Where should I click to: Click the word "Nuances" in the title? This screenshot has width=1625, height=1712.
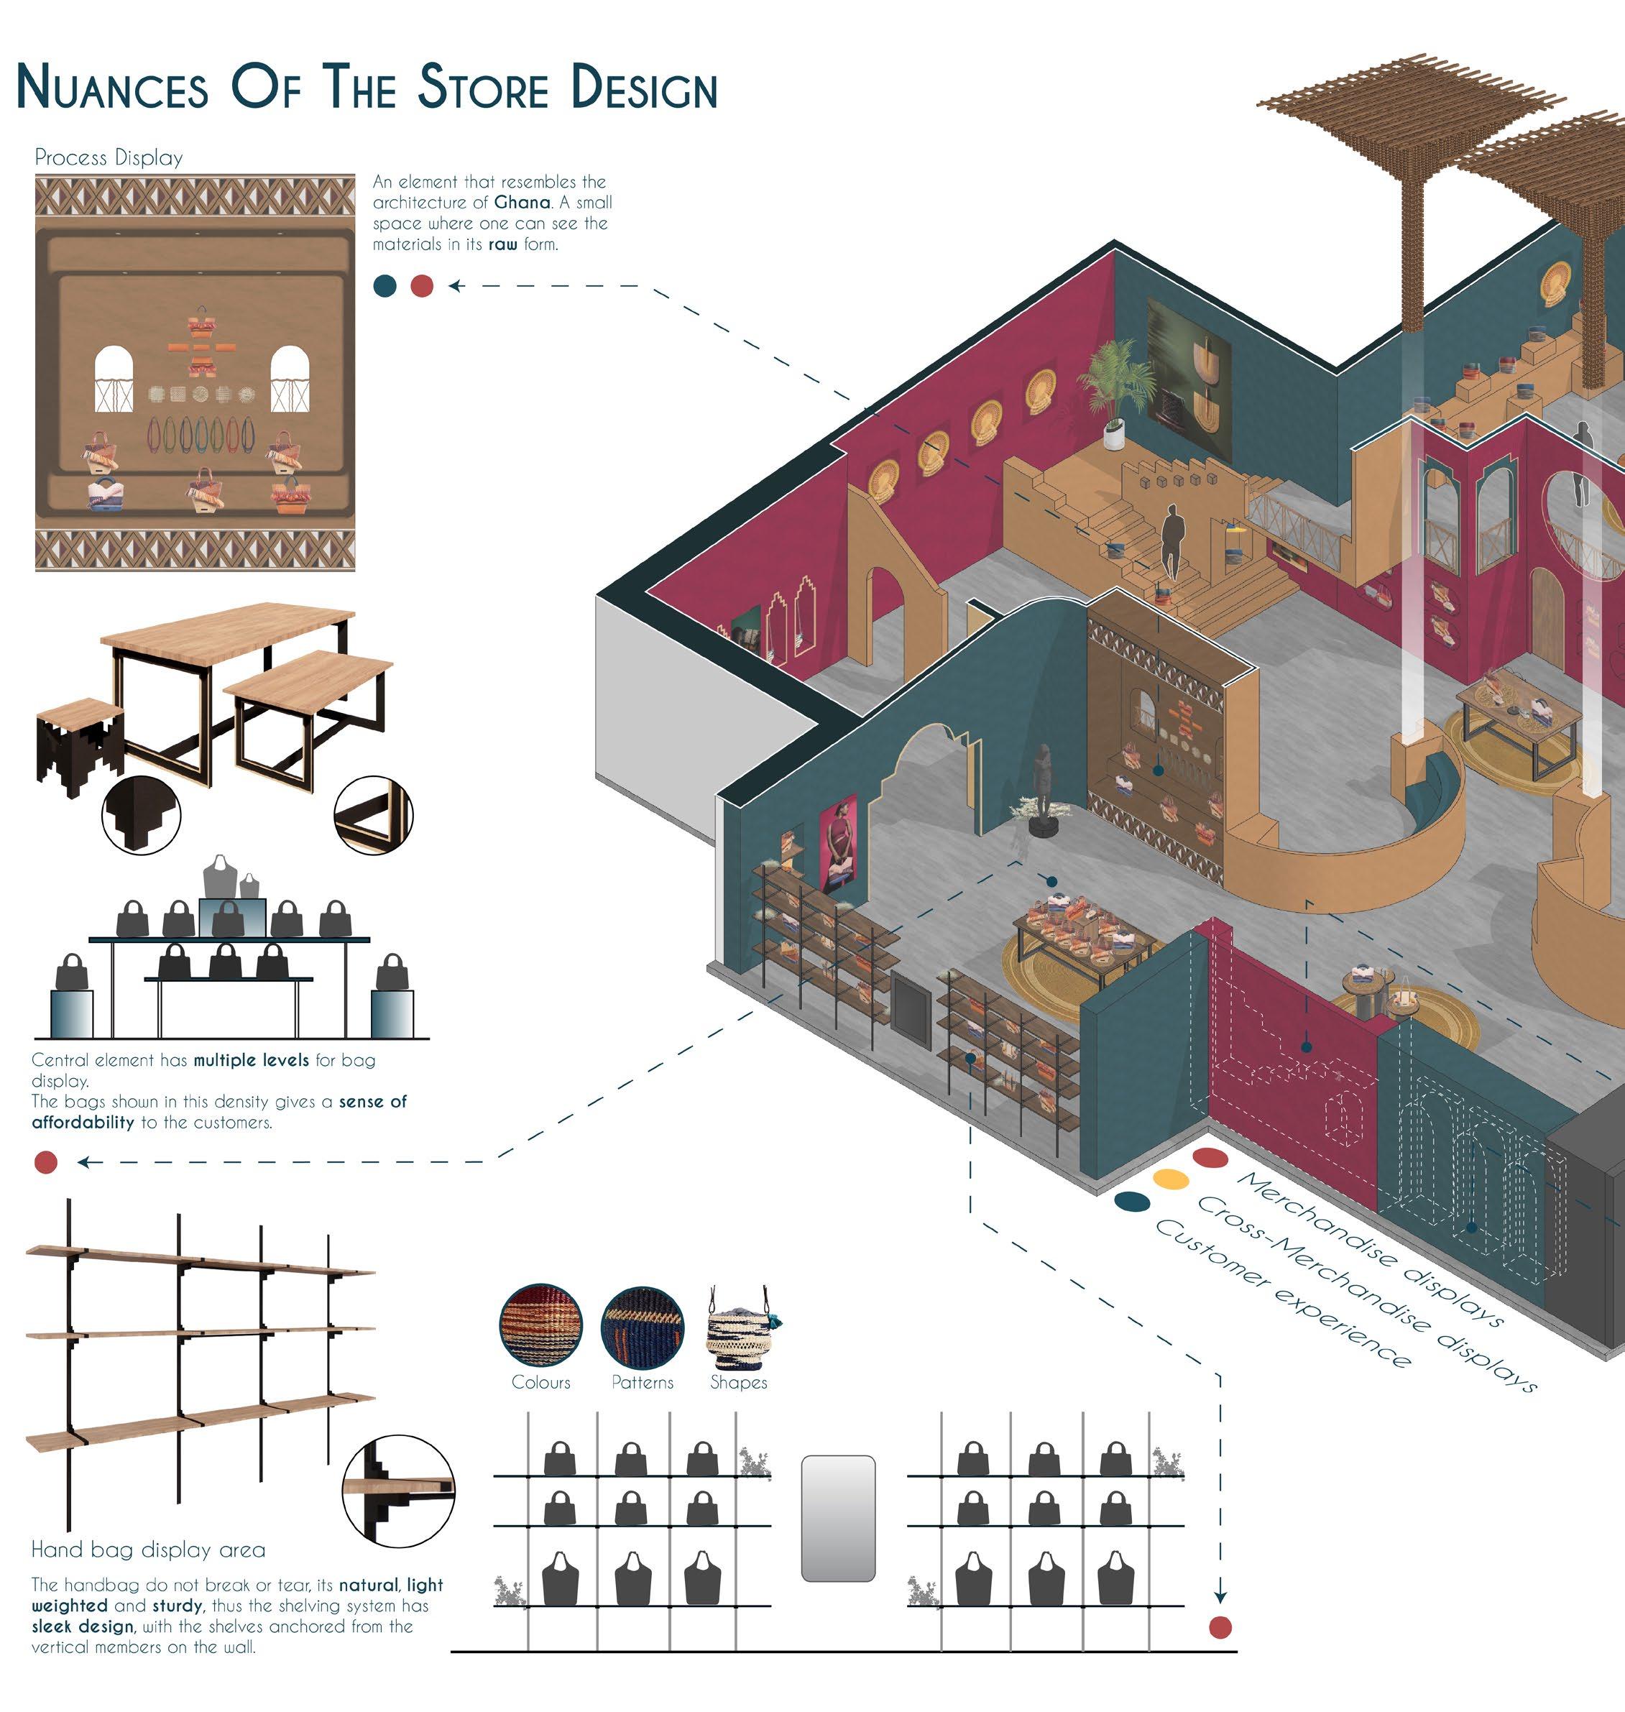click(113, 88)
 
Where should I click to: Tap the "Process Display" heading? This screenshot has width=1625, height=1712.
click(109, 157)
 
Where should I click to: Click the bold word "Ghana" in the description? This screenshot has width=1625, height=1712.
click(523, 203)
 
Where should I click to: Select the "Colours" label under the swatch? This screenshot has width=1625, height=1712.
click(540, 1382)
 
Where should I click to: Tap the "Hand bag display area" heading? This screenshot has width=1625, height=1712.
click(148, 1550)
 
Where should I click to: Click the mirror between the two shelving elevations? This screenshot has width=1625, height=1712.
click(837, 1518)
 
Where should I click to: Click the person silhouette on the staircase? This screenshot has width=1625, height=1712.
click(1173, 541)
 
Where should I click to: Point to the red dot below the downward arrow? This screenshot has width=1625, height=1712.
click(1220, 1627)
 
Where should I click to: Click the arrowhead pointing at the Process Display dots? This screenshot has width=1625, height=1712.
click(455, 286)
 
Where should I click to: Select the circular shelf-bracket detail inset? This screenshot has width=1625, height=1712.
click(397, 1489)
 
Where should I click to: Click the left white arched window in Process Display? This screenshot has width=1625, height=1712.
click(114, 379)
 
